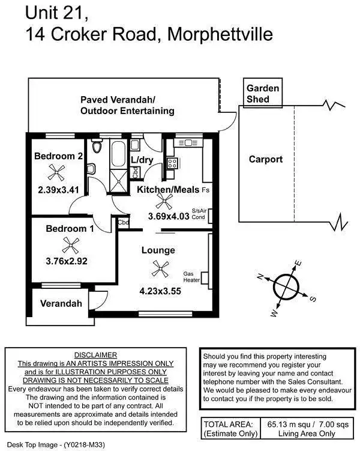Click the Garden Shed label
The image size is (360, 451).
[263, 92]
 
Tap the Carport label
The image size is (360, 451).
[265, 159]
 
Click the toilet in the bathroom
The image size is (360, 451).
[97, 147]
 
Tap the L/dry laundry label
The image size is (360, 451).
[142, 160]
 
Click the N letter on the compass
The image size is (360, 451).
[260, 276]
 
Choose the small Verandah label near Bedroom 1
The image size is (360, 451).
[61, 303]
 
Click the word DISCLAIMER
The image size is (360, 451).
[95, 355]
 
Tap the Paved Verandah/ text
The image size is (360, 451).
[118, 99]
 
